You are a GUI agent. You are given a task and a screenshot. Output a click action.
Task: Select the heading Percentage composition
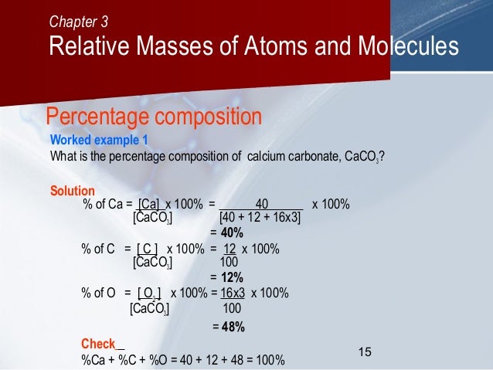[155, 117]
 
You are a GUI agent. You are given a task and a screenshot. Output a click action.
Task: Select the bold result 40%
[232, 233]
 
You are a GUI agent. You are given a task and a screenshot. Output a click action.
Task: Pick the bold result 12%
[232, 277]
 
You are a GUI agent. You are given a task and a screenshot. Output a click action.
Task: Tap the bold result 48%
[233, 327]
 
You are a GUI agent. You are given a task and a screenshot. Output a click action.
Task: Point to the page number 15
[365, 352]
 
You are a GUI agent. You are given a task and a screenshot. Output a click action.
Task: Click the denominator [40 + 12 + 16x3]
[260, 218]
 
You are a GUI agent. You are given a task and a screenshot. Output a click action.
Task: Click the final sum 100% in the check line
[269, 360]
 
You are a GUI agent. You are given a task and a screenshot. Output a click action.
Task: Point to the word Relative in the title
[91, 47]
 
